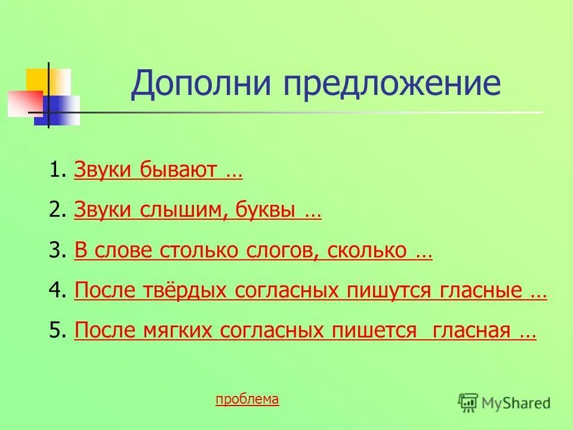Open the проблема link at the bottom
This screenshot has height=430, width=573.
click(247, 400)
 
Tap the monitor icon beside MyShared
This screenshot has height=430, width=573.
click(468, 403)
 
